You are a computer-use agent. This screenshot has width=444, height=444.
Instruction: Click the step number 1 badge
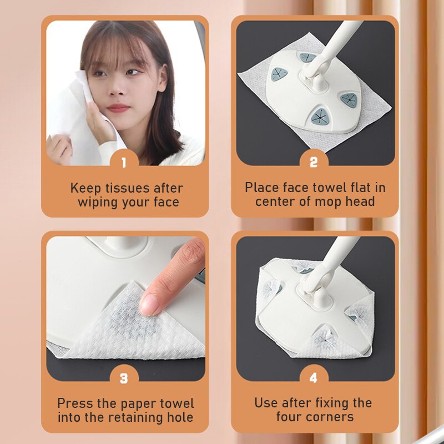pos(123,163)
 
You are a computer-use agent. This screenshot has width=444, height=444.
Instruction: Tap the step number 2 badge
pos(314,163)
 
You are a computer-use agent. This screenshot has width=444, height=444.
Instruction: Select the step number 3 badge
pos(123,378)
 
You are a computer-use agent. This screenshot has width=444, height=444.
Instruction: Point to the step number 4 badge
pos(314,378)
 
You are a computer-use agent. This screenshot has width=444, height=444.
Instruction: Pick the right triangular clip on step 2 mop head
pos(349,100)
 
